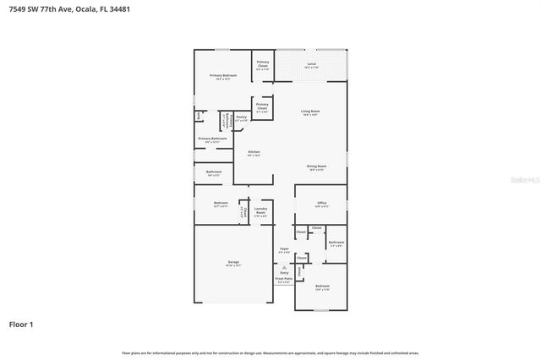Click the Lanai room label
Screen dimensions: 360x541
[311, 63]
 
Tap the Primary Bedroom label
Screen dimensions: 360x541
[223, 75]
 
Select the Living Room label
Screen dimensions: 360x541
[310, 111]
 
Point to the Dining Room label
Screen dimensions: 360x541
[316, 166]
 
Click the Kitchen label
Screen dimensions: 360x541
[254, 152]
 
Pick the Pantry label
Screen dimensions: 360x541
[241, 117]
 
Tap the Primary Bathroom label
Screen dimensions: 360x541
[212, 139]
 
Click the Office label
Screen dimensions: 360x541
[322, 203]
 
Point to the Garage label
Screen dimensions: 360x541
[233, 263]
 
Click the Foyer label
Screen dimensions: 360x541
[284, 248]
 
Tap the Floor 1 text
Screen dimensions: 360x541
[21, 324]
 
